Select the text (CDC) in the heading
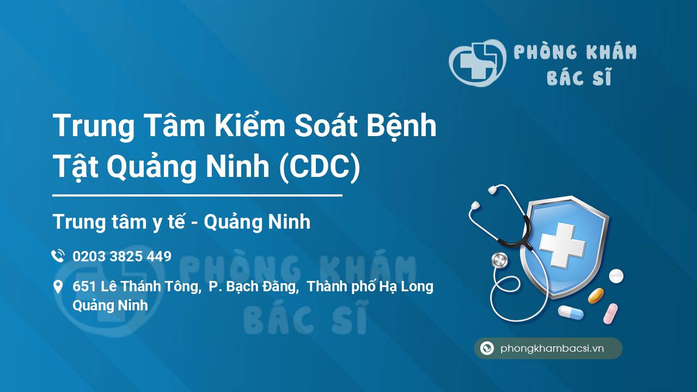tap(320, 167)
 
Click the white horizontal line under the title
tap(197, 195)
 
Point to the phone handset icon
tap(58, 256)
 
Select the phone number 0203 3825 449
tap(122, 256)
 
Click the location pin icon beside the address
tap(58, 287)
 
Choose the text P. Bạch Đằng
tap(254, 286)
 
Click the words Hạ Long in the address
tap(409, 286)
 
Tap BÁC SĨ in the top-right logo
tap(579, 78)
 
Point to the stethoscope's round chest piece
tap(499, 260)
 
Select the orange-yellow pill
tap(596, 296)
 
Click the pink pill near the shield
tap(610, 313)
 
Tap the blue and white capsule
tap(570, 313)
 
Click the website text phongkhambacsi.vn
tap(552, 348)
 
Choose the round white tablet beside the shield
tap(616, 276)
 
